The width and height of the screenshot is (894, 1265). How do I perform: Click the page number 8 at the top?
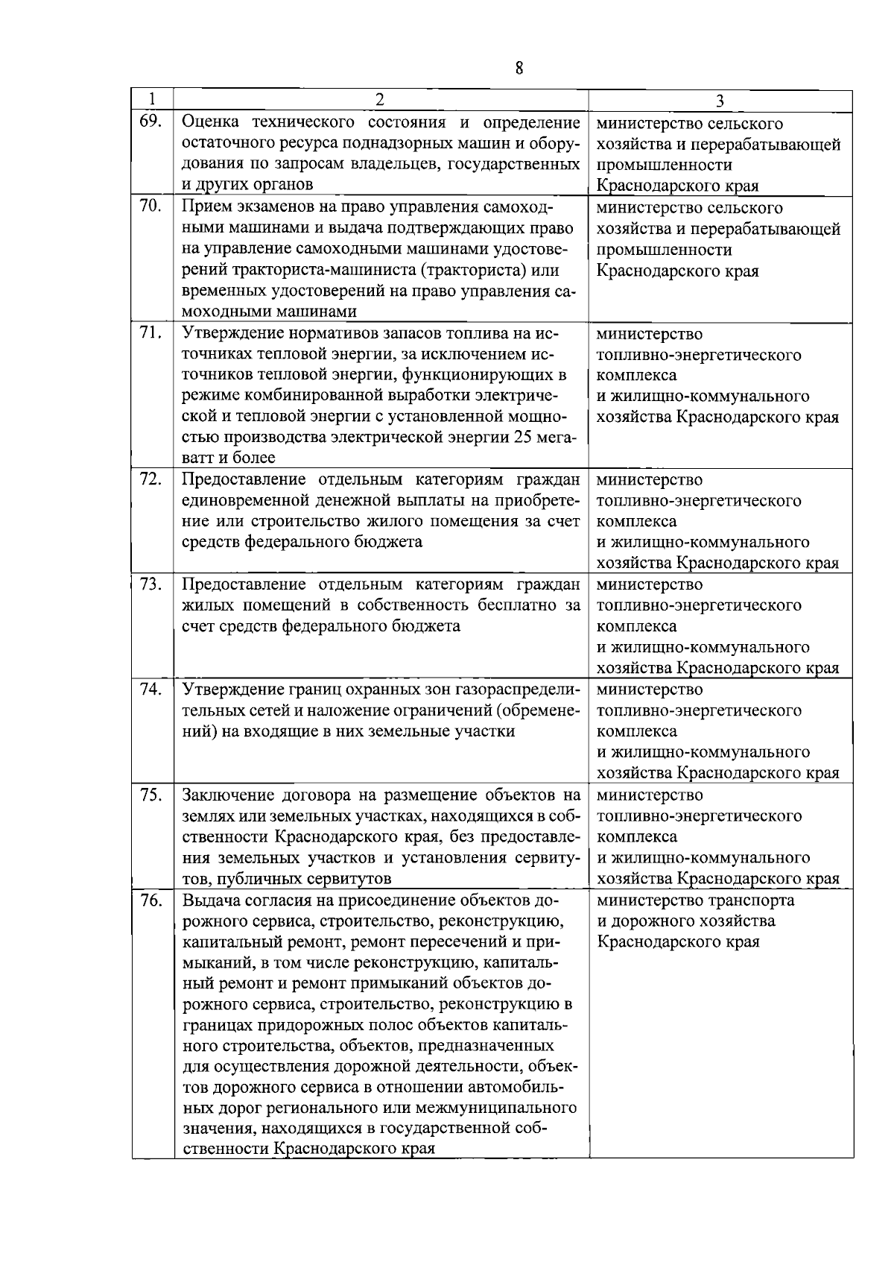click(519, 69)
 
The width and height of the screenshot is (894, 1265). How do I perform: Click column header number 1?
click(152, 99)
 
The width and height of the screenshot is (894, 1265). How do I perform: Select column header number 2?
click(380, 99)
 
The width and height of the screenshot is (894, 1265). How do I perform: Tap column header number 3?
click(720, 100)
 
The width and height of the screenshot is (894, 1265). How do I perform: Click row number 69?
click(150, 121)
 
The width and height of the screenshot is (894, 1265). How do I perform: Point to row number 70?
click(150, 206)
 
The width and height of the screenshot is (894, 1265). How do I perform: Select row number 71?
click(150, 332)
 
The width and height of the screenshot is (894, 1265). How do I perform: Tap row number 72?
click(150, 479)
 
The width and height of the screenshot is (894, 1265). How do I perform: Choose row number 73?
click(150, 584)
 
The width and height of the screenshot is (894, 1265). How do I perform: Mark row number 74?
click(150, 689)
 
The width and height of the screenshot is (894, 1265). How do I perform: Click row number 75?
click(150, 795)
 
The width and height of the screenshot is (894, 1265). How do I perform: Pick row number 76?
click(150, 900)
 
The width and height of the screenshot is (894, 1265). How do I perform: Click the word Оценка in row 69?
click(212, 122)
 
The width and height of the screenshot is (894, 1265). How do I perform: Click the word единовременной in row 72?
click(241, 500)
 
